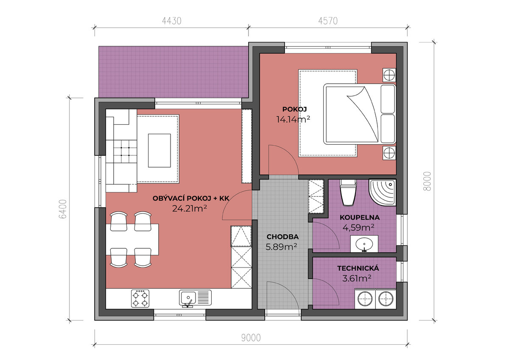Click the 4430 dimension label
(171, 21)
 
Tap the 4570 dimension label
(328, 21)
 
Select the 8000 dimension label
(427, 181)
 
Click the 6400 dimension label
(63, 209)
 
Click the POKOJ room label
(294, 110)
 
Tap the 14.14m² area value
(293, 119)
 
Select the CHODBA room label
(282, 237)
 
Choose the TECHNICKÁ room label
(358, 268)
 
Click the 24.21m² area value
(190, 208)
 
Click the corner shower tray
(383, 192)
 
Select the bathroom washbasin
(364, 244)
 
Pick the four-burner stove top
(140, 298)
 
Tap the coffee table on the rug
(159, 151)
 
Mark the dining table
(132, 239)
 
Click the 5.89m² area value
(281, 247)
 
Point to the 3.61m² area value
(357, 278)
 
